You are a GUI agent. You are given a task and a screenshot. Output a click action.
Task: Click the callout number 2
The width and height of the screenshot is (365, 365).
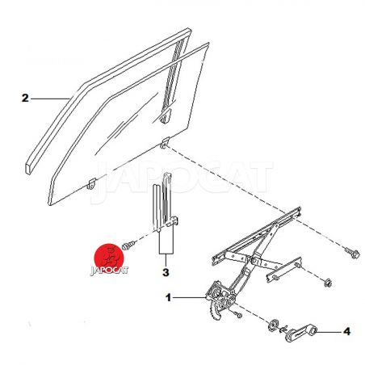[x=25, y=98]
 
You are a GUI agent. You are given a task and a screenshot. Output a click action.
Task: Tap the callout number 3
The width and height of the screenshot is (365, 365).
[x=166, y=272]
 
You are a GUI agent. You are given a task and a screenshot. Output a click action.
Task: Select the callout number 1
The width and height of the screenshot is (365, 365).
[x=169, y=298]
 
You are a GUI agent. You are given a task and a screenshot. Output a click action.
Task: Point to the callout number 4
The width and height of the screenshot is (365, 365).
[x=346, y=331]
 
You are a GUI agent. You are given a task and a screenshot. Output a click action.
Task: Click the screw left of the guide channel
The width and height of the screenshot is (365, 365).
[x=128, y=245]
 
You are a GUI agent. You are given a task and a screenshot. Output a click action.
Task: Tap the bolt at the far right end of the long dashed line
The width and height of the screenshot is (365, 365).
[x=352, y=253]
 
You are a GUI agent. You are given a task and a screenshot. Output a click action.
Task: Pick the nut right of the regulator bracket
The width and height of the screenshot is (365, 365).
[x=328, y=283]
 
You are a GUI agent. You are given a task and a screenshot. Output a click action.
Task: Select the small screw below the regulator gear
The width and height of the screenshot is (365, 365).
[x=238, y=314]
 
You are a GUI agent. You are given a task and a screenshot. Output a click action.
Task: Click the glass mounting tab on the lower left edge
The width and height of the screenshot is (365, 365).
[x=91, y=183]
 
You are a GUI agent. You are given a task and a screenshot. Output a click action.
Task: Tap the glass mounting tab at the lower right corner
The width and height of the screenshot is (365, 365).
[x=165, y=143]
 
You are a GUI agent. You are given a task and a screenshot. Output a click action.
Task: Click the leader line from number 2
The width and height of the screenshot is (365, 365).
[x=50, y=99]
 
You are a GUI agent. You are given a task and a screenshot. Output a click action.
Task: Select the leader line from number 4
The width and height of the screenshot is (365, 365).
[x=329, y=332]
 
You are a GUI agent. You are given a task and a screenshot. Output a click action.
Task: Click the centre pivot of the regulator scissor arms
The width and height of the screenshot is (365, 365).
[x=254, y=260]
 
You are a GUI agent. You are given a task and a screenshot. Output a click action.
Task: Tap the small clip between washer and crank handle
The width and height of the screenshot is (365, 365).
[x=283, y=329]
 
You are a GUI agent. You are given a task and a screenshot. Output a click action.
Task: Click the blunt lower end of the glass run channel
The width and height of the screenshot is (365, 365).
[x=28, y=168]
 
